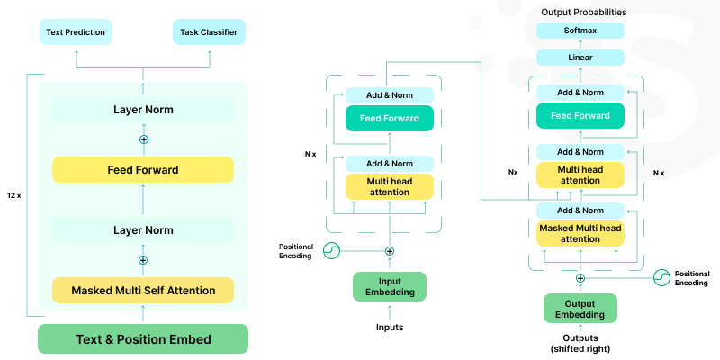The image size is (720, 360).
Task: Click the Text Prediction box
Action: (x=76, y=33)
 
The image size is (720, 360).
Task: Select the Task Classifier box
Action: (x=208, y=33)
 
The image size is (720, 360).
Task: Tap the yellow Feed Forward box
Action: (x=143, y=169)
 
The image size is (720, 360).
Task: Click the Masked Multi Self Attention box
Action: (x=143, y=290)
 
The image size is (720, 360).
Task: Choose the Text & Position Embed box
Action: (x=143, y=339)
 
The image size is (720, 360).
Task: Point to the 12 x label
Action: (x=14, y=195)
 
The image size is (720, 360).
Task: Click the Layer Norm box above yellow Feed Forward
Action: (x=143, y=110)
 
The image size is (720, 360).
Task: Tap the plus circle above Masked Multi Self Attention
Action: (x=143, y=260)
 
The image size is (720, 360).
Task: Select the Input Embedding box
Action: (x=389, y=286)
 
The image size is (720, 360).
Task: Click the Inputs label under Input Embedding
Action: (x=389, y=327)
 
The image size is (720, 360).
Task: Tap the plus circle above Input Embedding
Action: (x=389, y=251)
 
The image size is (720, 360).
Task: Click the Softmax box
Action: (x=580, y=31)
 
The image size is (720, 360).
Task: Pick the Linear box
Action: (x=580, y=58)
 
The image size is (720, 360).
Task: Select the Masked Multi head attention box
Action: (x=580, y=233)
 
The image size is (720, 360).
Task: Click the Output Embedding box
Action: (x=580, y=308)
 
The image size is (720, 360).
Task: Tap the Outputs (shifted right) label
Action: (x=580, y=343)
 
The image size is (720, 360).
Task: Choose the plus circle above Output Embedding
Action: (x=580, y=278)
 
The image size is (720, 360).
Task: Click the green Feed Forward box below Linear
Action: (x=580, y=115)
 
